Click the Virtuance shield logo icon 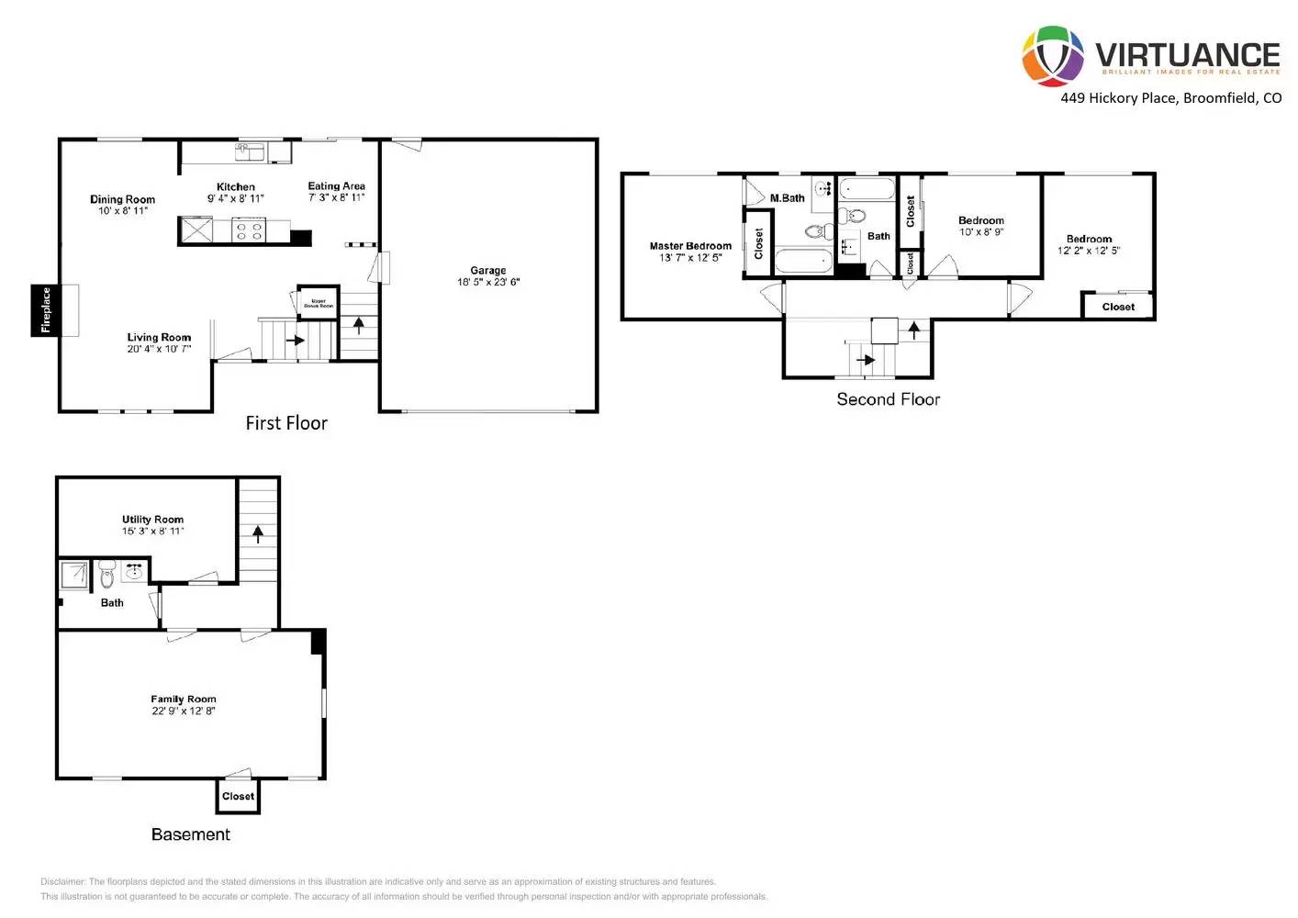click(x=1053, y=56)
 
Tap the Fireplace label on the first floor click(x=46, y=310)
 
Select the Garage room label click(x=487, y=270)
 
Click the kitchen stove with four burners click(x=249, y=229)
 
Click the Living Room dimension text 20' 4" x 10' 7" click(x=159, y=349)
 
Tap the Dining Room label click(x=122, y=199)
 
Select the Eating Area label click(x=336, y=185)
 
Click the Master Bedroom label click(x=690, y=246)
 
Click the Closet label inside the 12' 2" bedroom click(x=1118, y=307)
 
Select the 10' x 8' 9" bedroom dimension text click(x=981, y=232)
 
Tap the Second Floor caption click(x=888, y=399)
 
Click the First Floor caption click(x=286, y=423)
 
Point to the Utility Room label click(x=152, y=519)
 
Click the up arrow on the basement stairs click(x=258, y=532)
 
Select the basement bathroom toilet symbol click(x=107, y=575)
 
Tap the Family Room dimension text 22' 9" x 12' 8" click(x=184, y=711)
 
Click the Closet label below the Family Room click(x=238, y=796)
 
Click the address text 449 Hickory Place click(x=1117, y=97)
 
